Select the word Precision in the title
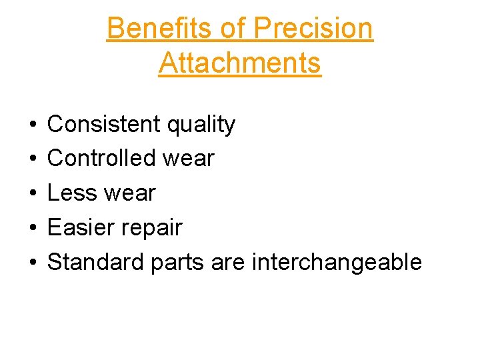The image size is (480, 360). [313, 29]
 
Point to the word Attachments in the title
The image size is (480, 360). [240, 63]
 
